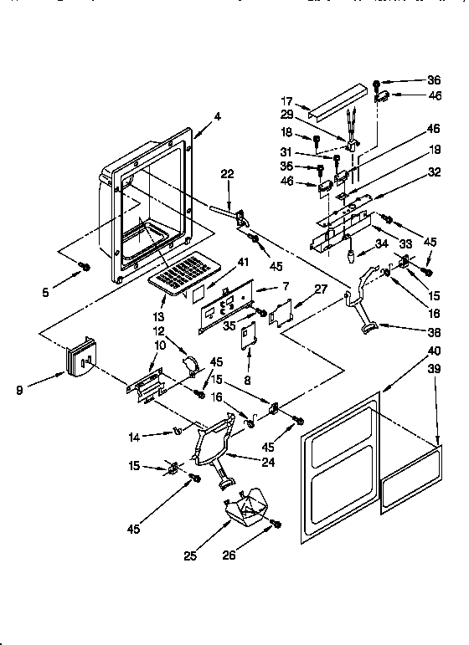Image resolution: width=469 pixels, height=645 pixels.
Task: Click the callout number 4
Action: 217,117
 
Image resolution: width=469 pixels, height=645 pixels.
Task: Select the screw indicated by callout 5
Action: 84,266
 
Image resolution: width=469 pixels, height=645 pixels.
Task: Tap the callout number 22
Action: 204,173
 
